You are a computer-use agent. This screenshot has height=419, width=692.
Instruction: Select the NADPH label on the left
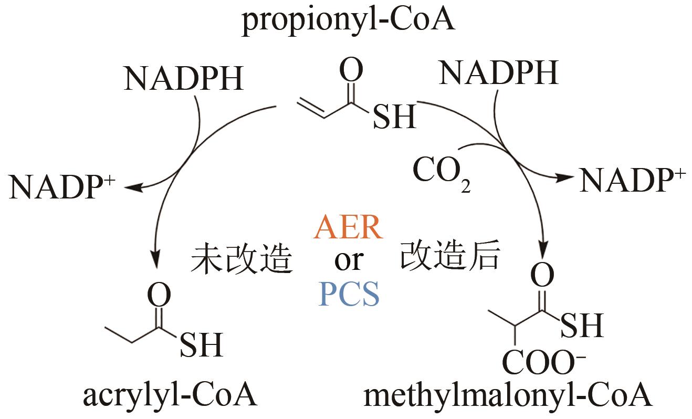point(183,79)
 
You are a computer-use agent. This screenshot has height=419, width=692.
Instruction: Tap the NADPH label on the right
point(498,73)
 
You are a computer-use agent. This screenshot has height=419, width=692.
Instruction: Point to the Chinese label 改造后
point(450,257)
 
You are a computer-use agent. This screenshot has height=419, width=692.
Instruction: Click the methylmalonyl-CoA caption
point(507,396)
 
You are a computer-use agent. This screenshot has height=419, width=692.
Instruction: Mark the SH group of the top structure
point(394,117)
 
